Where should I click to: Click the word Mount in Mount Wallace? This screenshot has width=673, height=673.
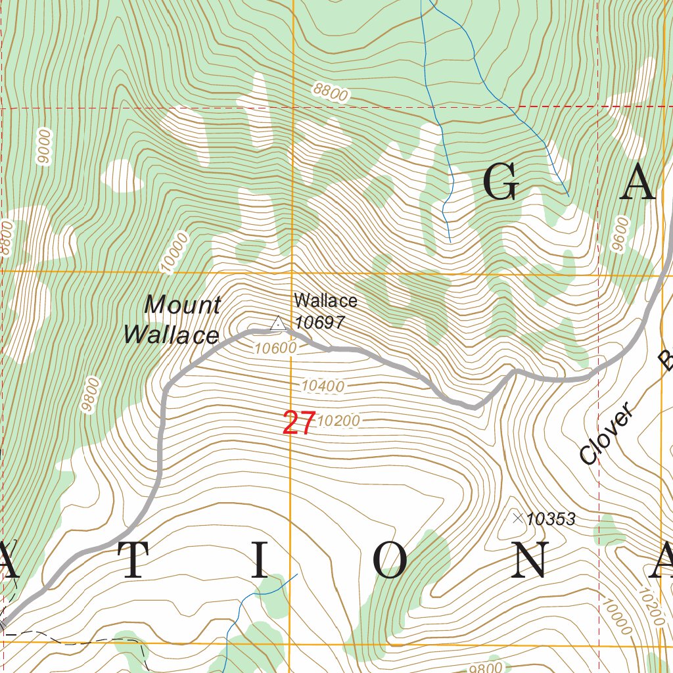182,305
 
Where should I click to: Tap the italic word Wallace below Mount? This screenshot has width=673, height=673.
171,335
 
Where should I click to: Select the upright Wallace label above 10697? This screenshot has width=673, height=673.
325,301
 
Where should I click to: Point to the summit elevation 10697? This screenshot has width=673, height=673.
319,322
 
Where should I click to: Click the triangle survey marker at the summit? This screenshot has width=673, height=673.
277,323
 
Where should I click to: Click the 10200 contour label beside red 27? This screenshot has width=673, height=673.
339,421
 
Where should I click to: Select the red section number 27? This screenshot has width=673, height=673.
299,423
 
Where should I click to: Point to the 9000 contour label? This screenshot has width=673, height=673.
44,147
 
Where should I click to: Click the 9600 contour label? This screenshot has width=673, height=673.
620,234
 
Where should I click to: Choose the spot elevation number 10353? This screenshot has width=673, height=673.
551,520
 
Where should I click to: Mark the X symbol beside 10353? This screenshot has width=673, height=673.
517,519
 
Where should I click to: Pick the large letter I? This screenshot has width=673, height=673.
260,561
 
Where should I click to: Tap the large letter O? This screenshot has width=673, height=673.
390,561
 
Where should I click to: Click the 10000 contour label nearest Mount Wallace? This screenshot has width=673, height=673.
174,252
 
